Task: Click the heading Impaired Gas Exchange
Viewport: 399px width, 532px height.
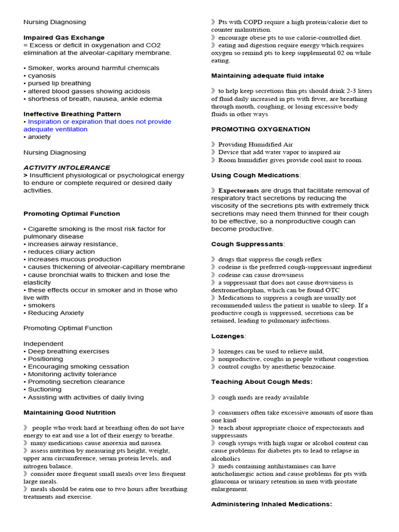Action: tap(64, 37)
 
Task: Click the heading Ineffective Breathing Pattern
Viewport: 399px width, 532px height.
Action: tap(72, 114)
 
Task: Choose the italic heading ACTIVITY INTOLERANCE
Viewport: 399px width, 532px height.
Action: tap(66, 168)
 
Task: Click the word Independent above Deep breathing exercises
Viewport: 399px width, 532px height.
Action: tap(44, 343)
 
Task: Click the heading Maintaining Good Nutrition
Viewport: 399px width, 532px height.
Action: tap(70, 413)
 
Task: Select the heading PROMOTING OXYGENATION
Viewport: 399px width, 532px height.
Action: tap(261, 129)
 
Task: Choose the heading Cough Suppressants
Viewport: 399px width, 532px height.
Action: tap(248, 244)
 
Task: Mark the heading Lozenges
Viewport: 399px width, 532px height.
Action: tap(228, 336)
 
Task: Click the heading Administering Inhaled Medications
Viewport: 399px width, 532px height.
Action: tap(271, 504)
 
